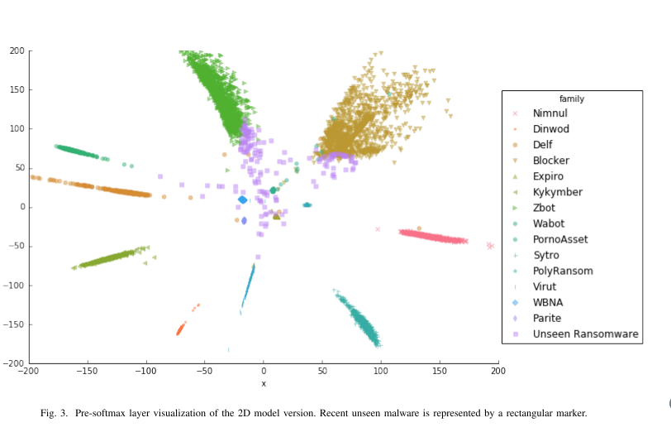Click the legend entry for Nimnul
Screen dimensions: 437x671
550,113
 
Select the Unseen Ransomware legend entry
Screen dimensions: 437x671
585,334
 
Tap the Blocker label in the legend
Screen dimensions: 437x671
550,161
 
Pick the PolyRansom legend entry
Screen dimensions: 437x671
562,271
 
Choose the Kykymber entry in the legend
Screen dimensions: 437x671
557,192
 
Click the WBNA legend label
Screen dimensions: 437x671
547,302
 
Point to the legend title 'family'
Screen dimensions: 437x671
571,98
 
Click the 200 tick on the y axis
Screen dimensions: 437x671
16,50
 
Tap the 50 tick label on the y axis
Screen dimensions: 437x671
18,168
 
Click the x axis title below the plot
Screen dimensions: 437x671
264,383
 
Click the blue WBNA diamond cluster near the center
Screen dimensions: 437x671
242,199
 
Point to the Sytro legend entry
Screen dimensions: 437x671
546,255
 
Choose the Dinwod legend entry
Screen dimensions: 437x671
551,129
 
